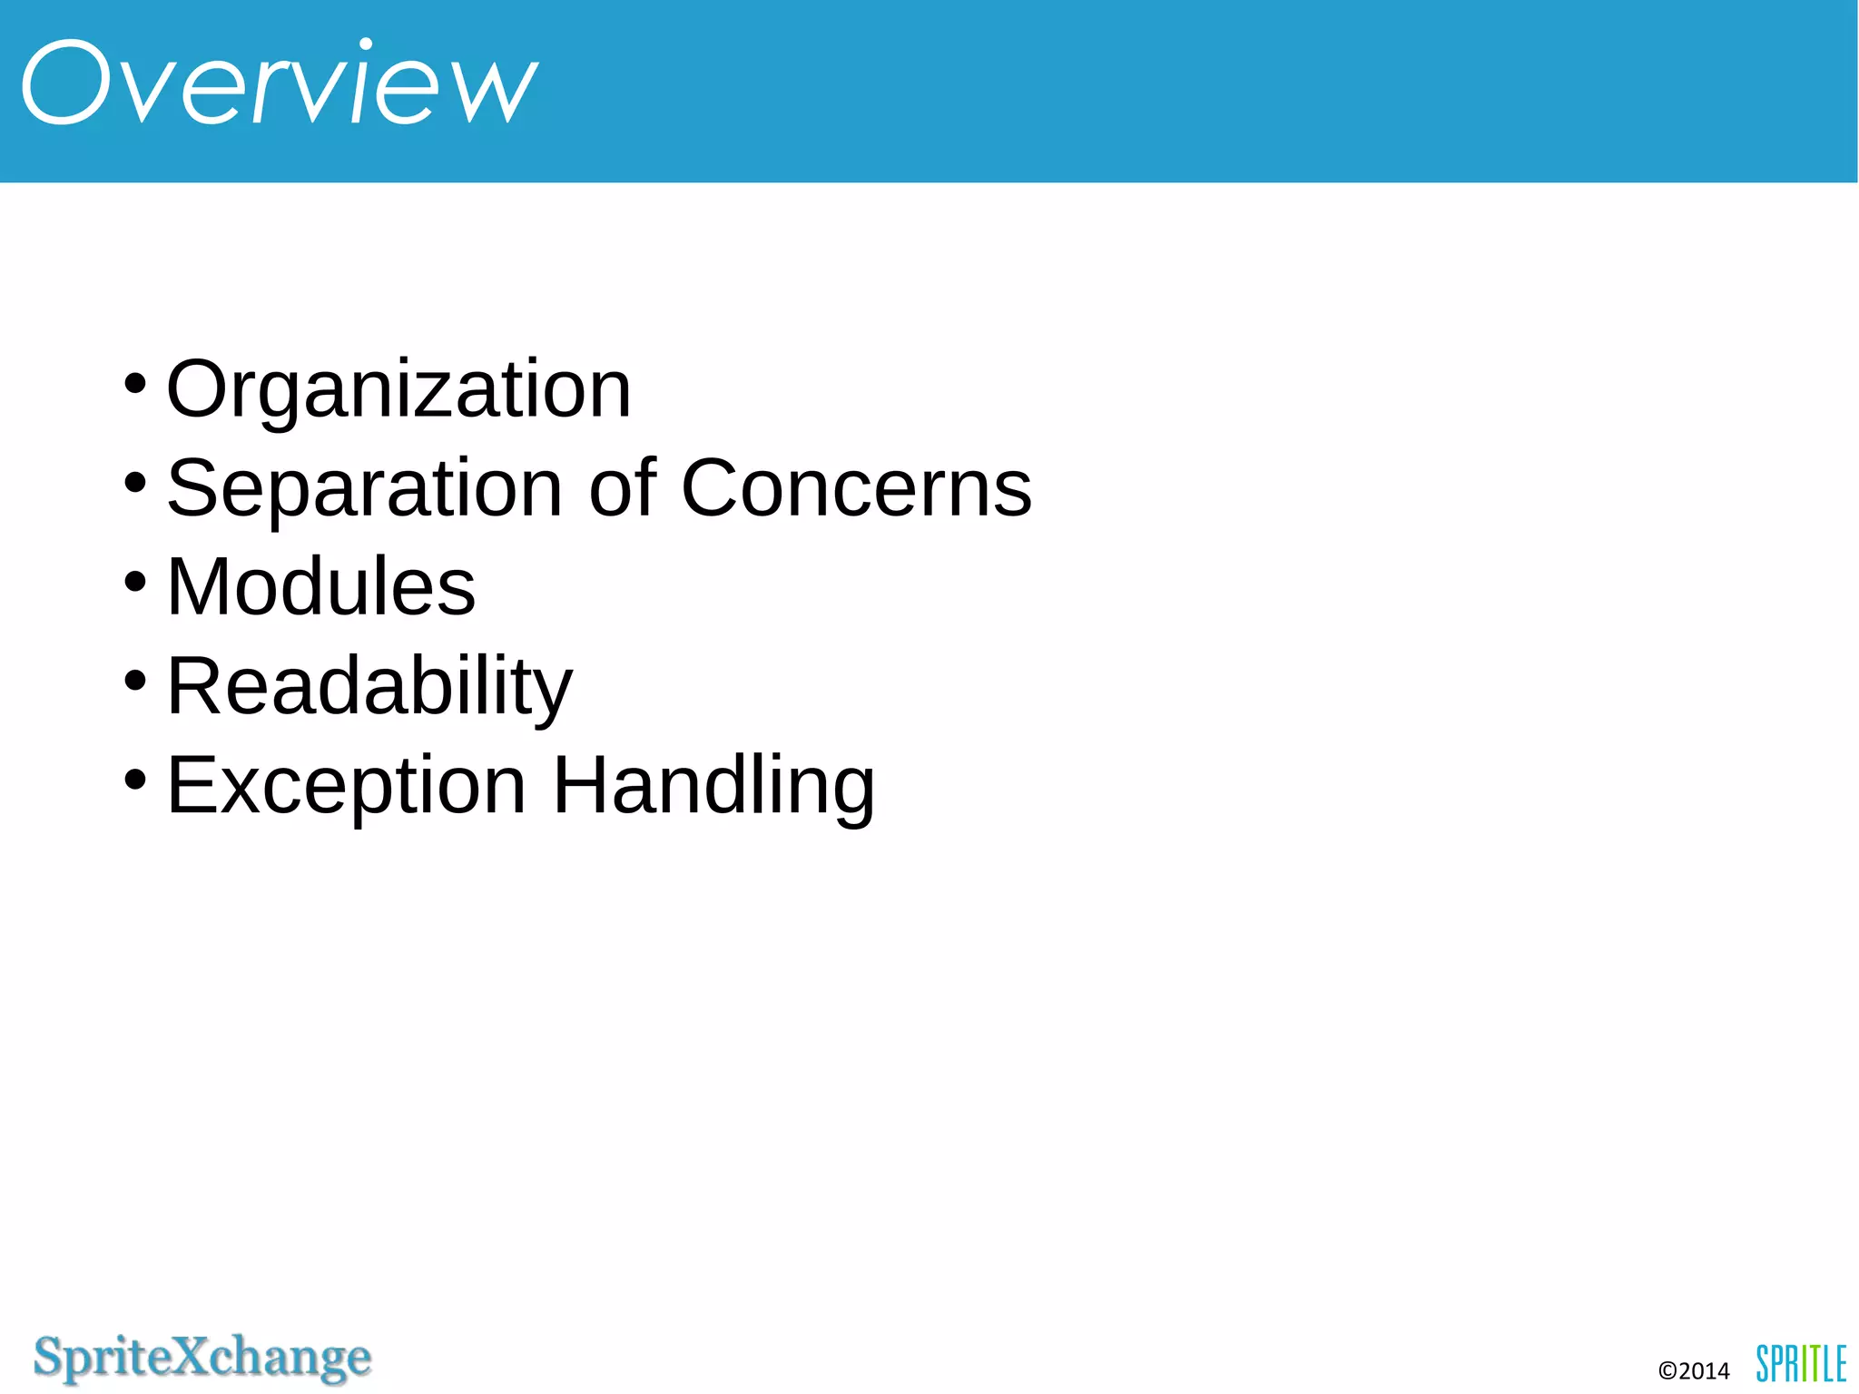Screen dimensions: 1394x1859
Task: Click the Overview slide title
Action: (x=280, y=83)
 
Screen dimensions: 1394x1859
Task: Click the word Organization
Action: (x=398, y=389)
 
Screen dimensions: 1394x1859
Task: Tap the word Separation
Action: (x=365, y=489)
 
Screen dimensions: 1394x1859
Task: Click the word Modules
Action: (x=320, y=587)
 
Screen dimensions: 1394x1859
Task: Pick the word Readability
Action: (x=369, y=687)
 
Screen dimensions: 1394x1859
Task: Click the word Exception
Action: (x=346, y=786)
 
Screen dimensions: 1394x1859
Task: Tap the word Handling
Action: (x=713, y=785)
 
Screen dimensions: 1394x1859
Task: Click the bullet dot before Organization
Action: (x=134, y=383)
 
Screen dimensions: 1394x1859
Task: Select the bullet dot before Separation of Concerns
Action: (x=134, y=482)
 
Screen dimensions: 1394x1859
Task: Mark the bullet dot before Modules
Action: (x=134, y=581)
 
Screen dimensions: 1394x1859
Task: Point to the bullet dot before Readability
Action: (x=134, y=680)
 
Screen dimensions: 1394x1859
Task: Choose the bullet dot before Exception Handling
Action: (x=134, y=779)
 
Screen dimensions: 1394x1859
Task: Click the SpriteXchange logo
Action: (x=202, y=1359)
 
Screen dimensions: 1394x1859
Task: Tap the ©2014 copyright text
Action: (x=1694, y=1370)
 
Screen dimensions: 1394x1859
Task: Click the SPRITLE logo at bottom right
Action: (x=1801, y=1363)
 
